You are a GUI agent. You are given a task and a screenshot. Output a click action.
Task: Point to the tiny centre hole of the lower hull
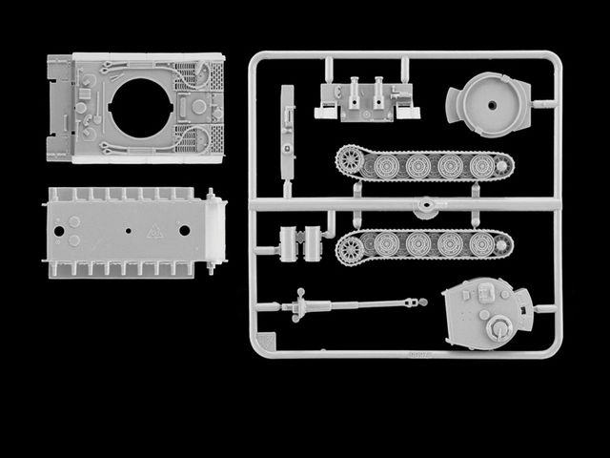[x=127, y=231]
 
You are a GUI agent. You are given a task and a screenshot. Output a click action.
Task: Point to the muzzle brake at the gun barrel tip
[x=412, y=302]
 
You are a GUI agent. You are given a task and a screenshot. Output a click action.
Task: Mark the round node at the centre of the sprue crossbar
[x=425, y=202]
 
